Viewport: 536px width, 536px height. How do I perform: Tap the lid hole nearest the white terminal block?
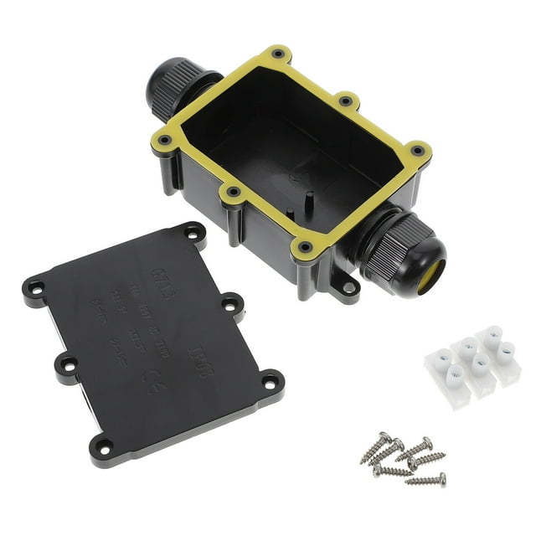[x=268, y=382]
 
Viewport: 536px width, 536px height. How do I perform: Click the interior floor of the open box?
[x=276, y=159]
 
